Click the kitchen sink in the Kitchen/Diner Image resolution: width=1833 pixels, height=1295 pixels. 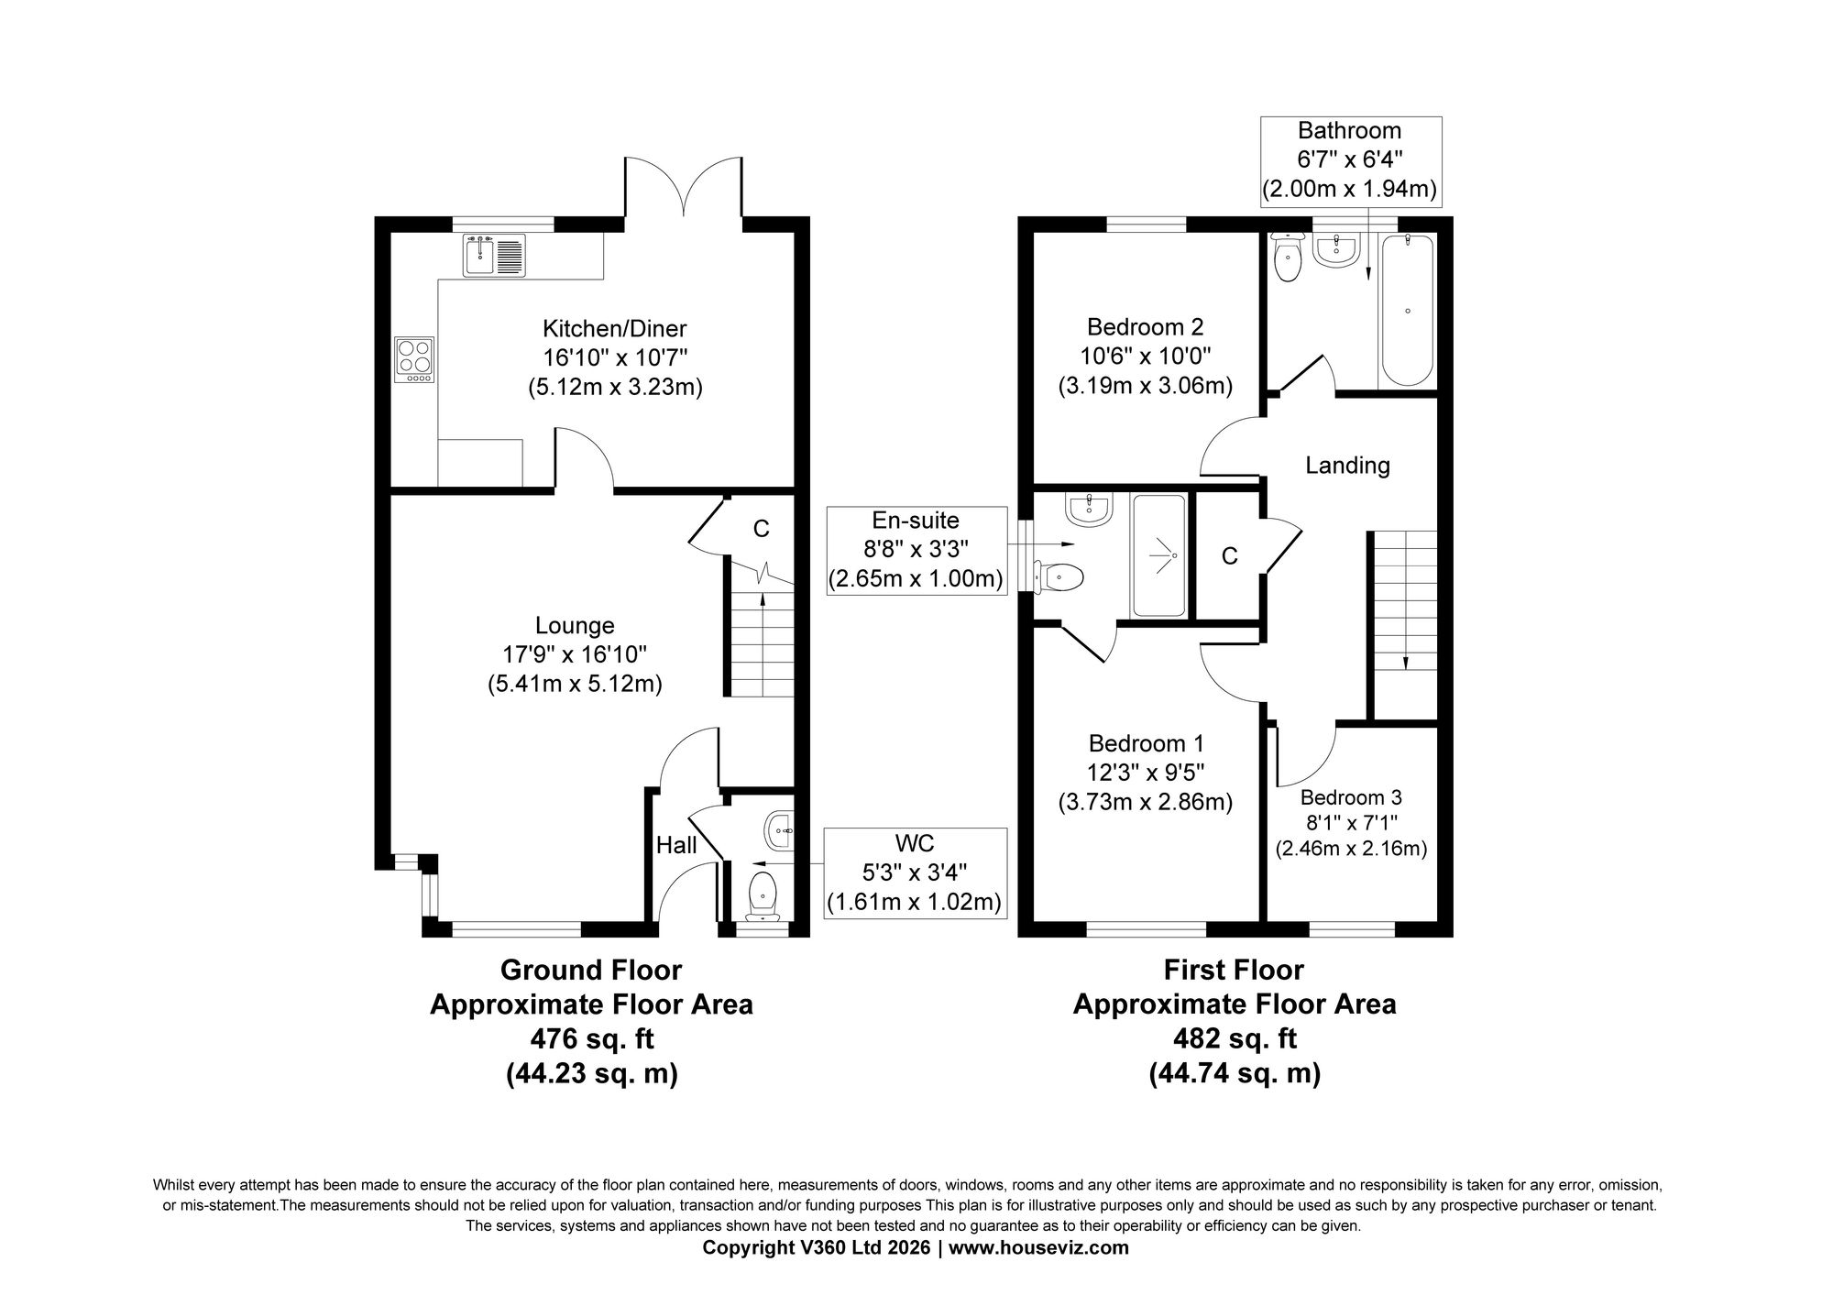pyautogui.click(x=494, y=256)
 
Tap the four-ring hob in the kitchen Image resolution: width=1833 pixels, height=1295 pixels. pyautogui.click(x=414, y=359)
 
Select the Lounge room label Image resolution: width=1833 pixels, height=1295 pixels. pyautogui.click(x=575, y=626)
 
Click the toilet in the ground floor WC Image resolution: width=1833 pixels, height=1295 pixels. pyautogui.click(x=763, y=894)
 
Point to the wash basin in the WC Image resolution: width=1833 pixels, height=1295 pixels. pyautogui.click(x=778, y=832)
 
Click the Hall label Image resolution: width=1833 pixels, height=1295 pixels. pyautogui.click(x=676, y=845)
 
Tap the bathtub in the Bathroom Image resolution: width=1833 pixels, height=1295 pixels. pyautogui.click(x=1407, y=310)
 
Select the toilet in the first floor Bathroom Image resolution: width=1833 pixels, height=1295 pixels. pyautogui.click(x=1288, y=258)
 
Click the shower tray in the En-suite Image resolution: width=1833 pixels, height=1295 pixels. pyautogui.click(x=1159, y=555)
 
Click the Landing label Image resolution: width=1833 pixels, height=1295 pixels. pyautogui.click(x=1347, y=466)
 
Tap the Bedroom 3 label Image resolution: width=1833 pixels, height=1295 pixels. pyautogui.click(x=1351, y=798)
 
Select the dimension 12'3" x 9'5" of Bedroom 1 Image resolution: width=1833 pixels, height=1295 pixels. pyautogui.click(x=1146, y=773)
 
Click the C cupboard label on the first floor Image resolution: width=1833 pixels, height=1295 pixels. pyautogui.click(x=1230, y=556)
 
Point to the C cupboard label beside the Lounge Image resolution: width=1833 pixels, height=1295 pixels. pyautogui.click(x=761, y=529)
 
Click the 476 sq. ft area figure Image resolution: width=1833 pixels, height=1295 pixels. pyautogui.click(x=592, y=1039)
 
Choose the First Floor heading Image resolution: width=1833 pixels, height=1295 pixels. pyautogui.click(x=1234, y=970)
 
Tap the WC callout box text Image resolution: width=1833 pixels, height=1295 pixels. pyautogui.click(x=914, y=872)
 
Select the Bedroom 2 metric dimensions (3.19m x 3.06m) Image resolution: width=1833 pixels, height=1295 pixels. pyautogui.click(x=1146, y=386)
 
